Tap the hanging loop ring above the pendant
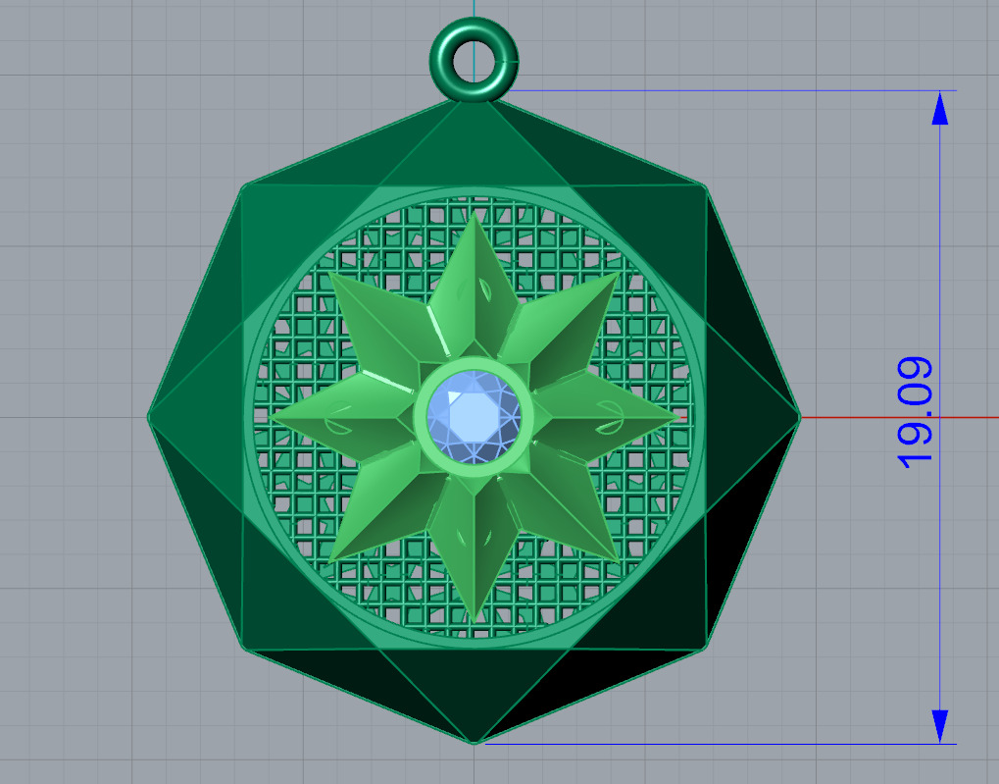(x=474, y=60)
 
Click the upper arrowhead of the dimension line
(x=940, y=107)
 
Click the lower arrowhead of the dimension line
(x=940, y=726)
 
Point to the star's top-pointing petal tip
(x=476, y=214)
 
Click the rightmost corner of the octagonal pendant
(x=799, y=417)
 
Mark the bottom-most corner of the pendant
(x=475, y=742)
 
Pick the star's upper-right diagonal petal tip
(x=620, y=272)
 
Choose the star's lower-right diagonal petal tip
(x=620, y=560)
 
